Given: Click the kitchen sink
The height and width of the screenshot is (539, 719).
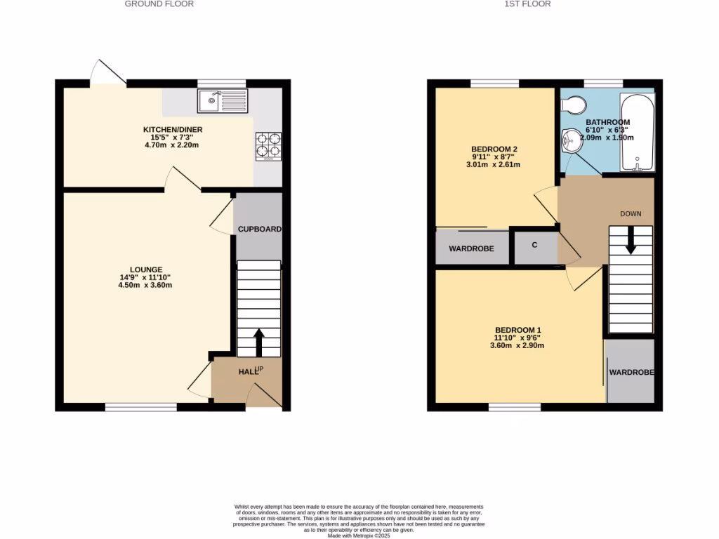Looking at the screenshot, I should click(x=223, y=100).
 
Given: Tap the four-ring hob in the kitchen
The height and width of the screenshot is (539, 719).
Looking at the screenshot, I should click(x=268, y=146).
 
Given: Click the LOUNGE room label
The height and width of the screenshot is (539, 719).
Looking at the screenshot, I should click(x=145, y=269).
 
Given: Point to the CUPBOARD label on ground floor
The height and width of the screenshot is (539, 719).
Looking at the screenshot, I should click(x=259, y=229).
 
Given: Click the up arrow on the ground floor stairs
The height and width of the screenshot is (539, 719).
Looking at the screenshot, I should click(x=258, y=342).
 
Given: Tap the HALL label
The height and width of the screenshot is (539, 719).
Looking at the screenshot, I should click(x=247, y=371).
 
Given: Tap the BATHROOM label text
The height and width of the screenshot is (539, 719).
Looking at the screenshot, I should click(x=608, y=122).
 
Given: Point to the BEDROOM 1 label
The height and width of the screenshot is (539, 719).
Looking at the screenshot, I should click(x=517, y=330).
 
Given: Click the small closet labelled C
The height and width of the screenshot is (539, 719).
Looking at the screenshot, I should click(x=535, y=245).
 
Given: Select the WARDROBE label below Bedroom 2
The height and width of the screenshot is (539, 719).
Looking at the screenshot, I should click(x=471, y=249).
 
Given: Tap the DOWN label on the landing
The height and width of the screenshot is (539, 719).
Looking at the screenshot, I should click(x=631, y=213).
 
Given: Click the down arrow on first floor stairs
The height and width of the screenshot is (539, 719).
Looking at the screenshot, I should click(x=631, y=241).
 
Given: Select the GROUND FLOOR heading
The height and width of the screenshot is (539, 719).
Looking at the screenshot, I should click(x=159, y=4).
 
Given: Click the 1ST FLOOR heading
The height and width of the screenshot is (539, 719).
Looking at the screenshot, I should click(x=527, y=4).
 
